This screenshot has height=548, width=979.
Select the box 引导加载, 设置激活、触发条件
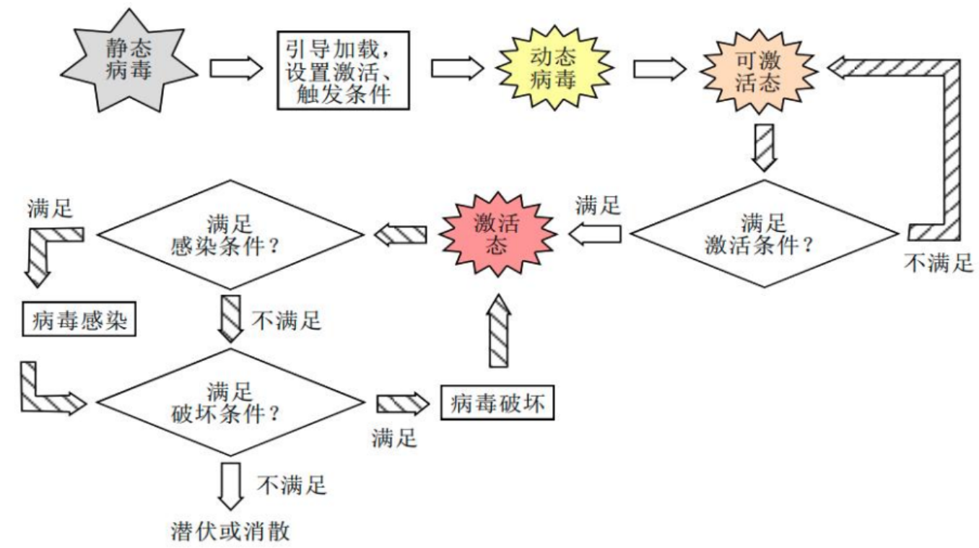click(x=343, y=69)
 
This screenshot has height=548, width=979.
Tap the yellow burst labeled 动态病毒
click(x=554, y=69)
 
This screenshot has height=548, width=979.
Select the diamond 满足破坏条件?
click(x=229, y=402)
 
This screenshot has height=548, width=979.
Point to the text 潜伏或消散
click(x=225, y=531)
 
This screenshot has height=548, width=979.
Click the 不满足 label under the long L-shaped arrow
click(x=939, y=262)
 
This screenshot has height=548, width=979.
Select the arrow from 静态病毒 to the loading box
click(x=235, y=69)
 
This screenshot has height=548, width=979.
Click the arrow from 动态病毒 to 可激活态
click(x=659, y=69)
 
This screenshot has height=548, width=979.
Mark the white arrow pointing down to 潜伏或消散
click(x=231, y=485)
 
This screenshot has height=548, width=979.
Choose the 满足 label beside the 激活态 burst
click(x=597, y=204)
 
